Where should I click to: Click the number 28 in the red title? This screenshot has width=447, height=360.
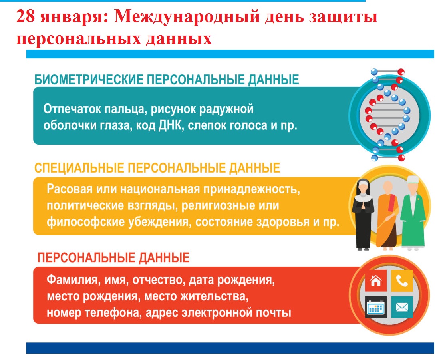point(26,16)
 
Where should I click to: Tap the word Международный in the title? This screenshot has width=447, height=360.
point(187,17)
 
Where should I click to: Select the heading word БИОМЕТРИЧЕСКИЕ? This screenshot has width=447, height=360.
point(89,80)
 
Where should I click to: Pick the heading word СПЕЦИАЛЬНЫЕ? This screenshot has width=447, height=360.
point(79,168)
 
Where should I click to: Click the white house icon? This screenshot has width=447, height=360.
point(376,281)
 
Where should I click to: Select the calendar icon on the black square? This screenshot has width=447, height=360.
point(376,308)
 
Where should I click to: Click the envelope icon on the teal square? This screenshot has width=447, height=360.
point(402,307)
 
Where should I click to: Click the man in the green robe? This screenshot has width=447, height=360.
point(413,213)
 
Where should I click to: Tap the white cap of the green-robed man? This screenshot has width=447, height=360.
point(413,179)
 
